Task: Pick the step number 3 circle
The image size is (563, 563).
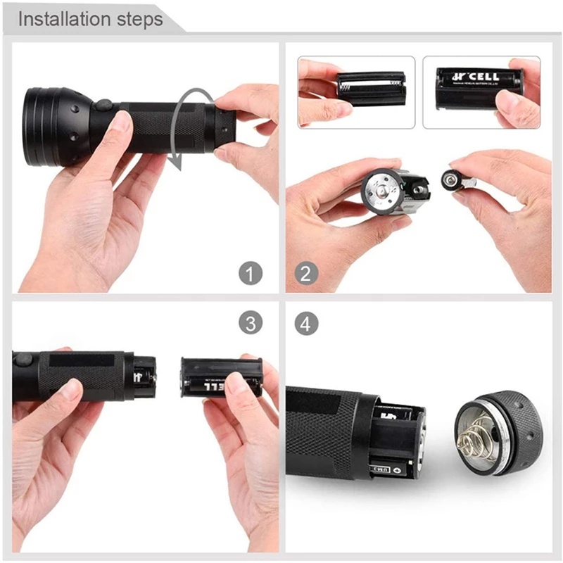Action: click(250, 323)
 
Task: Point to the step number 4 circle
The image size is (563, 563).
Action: click(305, 323)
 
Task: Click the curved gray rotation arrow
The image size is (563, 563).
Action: click(190, 127)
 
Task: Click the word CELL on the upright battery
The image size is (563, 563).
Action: click(485, 75)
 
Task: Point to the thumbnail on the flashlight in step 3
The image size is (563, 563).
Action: click(70, 389)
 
